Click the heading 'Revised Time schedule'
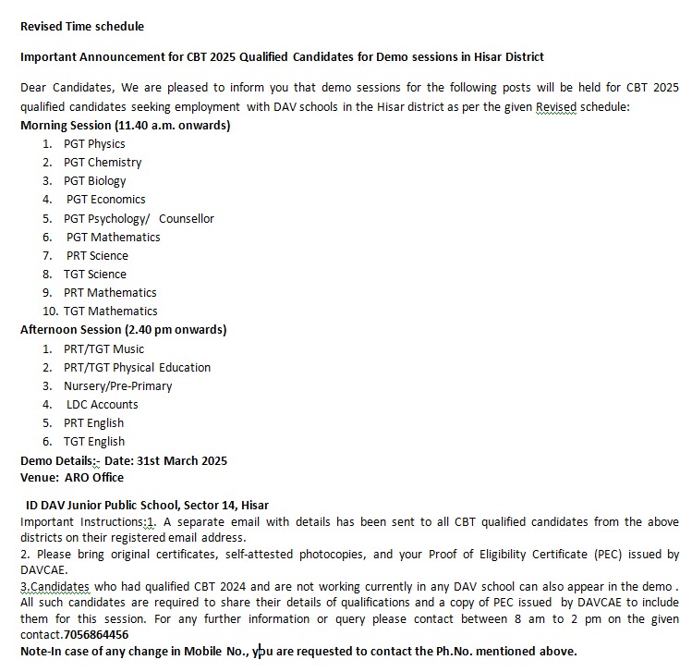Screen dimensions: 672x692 [82, 26]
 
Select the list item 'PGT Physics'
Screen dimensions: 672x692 [94, 143]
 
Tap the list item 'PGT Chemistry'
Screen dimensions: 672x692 [103, 162]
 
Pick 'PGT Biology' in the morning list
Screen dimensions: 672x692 [94, 180]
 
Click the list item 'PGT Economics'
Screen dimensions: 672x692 [105, 199]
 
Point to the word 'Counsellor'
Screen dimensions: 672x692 [186, 218]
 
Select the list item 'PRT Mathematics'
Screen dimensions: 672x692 [110, 292]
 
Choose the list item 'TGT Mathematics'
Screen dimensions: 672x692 [110, 311]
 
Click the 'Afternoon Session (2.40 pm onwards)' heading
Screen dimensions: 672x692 [123, 329]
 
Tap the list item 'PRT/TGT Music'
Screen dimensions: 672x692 [103, 348]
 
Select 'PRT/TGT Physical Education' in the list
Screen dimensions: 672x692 [137, 367]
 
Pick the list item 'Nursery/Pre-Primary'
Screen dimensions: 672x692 [117, 385]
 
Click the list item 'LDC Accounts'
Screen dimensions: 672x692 [102, 404]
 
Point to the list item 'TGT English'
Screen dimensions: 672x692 [94, 441]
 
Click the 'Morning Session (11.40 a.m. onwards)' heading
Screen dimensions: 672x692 [125, 125]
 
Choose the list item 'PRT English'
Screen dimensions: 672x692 [94, 422]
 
